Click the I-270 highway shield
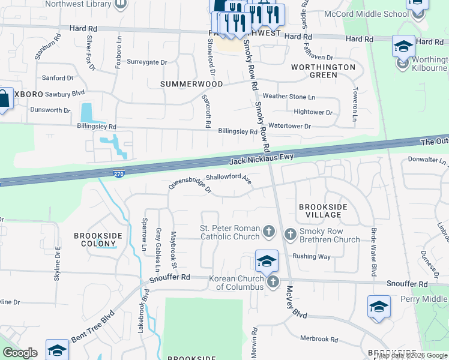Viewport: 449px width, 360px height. tap(119, 174)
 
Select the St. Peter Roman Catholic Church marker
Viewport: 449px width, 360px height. tap(269, 231)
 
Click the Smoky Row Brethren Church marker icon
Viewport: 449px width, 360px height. tap(291, 233)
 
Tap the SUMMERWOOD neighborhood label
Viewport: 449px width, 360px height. tap(191, 85)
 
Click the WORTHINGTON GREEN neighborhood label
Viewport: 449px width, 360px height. tap(323, 71)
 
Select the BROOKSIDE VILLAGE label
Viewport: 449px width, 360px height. tap(323, 211)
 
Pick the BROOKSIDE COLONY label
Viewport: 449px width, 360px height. tap(95, 240)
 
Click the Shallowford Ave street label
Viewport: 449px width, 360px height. tap(228, 178)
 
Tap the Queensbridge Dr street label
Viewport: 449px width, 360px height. tap(190, 186)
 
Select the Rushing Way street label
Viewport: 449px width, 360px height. tap(312, 256)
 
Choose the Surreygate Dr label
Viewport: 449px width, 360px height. tap(146, 62)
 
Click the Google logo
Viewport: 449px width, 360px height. tap(20, 353)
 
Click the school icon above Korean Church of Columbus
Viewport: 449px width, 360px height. tap(267, 261)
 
